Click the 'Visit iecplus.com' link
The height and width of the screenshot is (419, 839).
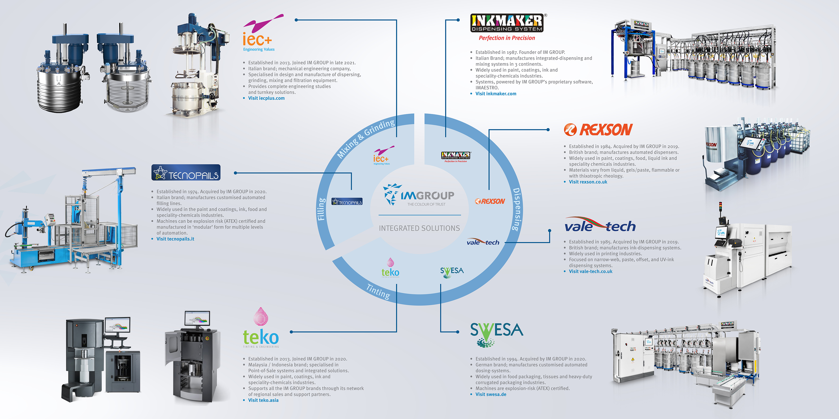266,98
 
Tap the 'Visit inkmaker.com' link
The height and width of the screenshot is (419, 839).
495,94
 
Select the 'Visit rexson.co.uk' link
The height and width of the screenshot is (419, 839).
588,182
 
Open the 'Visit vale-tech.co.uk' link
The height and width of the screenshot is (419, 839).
590,271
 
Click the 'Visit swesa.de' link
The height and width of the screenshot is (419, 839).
491,394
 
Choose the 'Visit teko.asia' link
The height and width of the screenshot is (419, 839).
263,400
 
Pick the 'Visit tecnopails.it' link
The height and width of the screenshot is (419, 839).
175,239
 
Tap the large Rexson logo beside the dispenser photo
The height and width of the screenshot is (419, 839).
598,130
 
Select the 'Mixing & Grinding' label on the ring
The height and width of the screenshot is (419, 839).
366,138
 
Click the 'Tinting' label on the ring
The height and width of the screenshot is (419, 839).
378,291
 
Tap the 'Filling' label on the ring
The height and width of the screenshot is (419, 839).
321,209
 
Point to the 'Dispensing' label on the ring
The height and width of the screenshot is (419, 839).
517,209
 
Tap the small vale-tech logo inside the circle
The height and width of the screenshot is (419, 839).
483,242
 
